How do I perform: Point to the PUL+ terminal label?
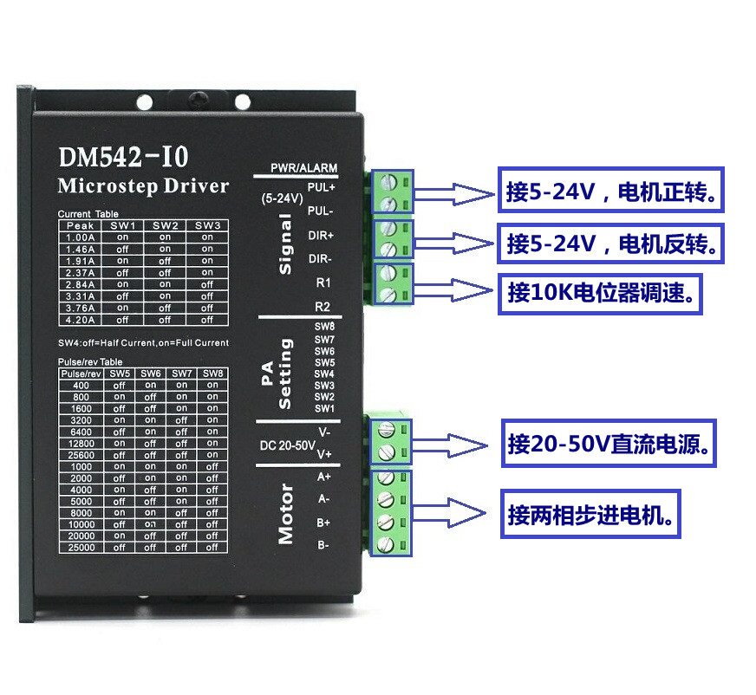[x=321, y=186]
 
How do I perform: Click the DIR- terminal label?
[x=321, y=257]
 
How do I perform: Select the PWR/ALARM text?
[x=303, y=167]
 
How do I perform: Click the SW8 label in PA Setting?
[x=324, y=327]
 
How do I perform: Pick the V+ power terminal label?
[x=324, y=453]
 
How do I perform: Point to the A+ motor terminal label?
[x=324, y=477]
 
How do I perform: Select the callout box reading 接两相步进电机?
[x=594, y=516]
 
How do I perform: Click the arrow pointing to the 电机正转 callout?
[x=456, y=194]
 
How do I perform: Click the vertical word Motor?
[x=286, y=514]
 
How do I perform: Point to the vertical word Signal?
[x=284, y=246]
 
